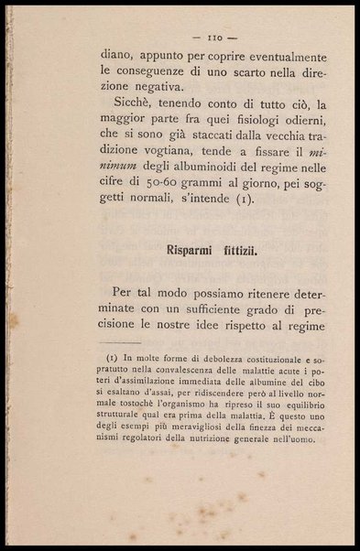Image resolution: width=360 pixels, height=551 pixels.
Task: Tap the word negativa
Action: pos(129,88)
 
